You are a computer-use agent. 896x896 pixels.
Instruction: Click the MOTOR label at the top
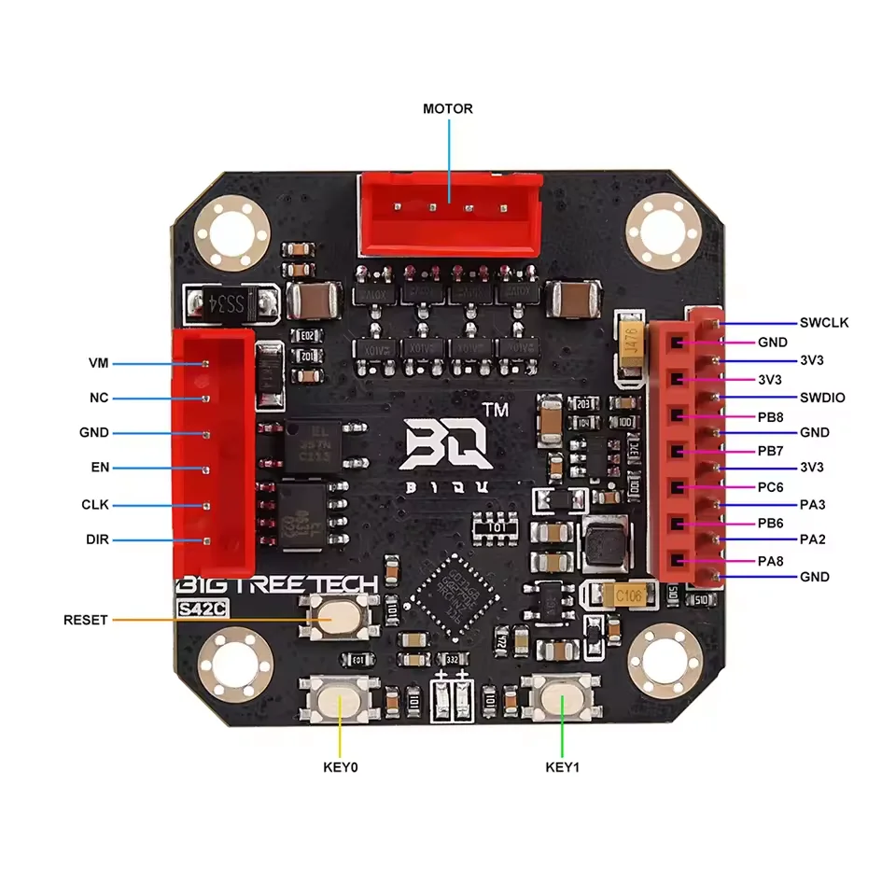point(448,109)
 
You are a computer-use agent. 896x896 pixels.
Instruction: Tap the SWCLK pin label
point(824,323)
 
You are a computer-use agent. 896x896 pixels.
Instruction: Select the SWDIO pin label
point(822,398)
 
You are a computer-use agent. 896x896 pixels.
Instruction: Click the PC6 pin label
point(771,487)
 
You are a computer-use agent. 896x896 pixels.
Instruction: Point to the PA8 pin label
point(771,560)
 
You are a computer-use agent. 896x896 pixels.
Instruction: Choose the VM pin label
point(98,362)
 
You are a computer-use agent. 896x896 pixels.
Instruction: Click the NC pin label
point(98,399)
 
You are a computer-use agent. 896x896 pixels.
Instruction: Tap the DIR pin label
point(97,540)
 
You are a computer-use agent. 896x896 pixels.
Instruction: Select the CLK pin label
point(95,505)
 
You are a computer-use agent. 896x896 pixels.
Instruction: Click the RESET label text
point(86,620)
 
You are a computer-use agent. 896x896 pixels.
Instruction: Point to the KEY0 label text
point(340,768)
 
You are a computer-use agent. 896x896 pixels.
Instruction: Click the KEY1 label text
point(563,768)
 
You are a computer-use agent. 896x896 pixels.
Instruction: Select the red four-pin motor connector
point(449,214)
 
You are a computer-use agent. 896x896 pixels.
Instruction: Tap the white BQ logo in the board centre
point(447,443)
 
